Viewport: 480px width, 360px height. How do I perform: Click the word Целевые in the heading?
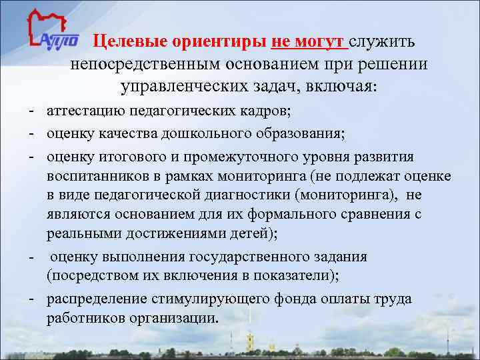tap(130, 43)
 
